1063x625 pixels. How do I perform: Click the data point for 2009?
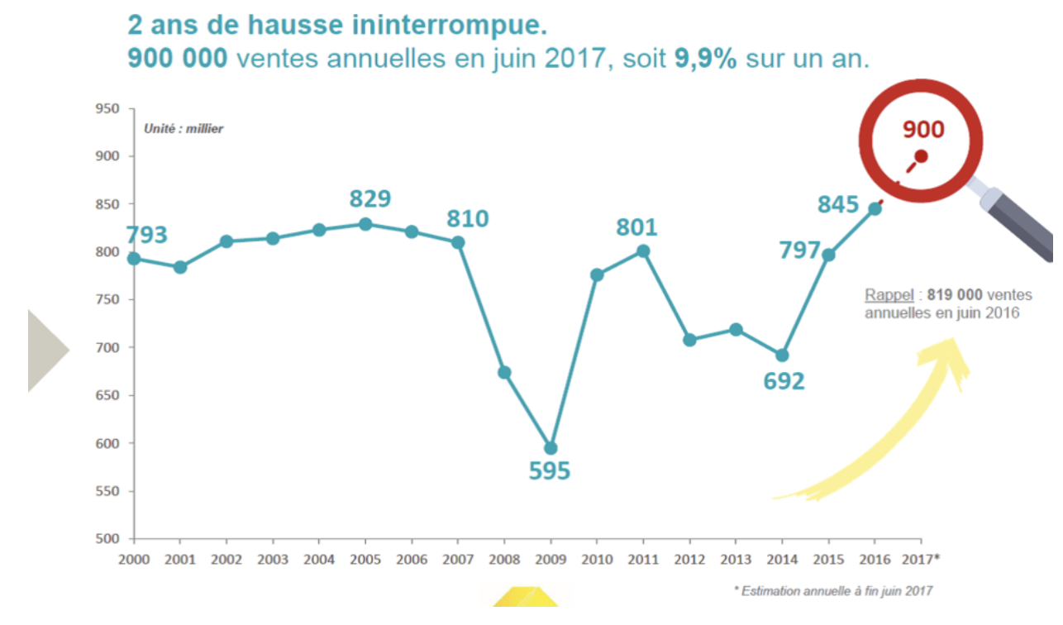coord(551,448)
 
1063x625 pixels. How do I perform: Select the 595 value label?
coord(550,471)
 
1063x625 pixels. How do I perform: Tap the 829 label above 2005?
coord(370,199)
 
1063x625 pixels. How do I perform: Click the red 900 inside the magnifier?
coord(922,129)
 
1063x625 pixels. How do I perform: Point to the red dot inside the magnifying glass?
coord(921,155)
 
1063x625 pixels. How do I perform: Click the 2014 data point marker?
coord(782,355)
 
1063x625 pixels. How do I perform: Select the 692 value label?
coord(784,381)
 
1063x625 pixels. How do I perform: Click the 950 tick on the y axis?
coord(108,108)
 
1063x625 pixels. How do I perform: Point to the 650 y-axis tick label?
coord(108,395)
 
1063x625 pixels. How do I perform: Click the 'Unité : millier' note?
coord(184,129)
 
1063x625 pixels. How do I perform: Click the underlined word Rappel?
coord(889,295)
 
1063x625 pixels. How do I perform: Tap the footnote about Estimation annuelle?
coord(833,590)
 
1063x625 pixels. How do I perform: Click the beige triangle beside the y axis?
coord(45,350)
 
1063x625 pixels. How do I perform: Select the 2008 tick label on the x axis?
coord(504,559)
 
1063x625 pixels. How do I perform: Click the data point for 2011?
coord(643,251)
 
